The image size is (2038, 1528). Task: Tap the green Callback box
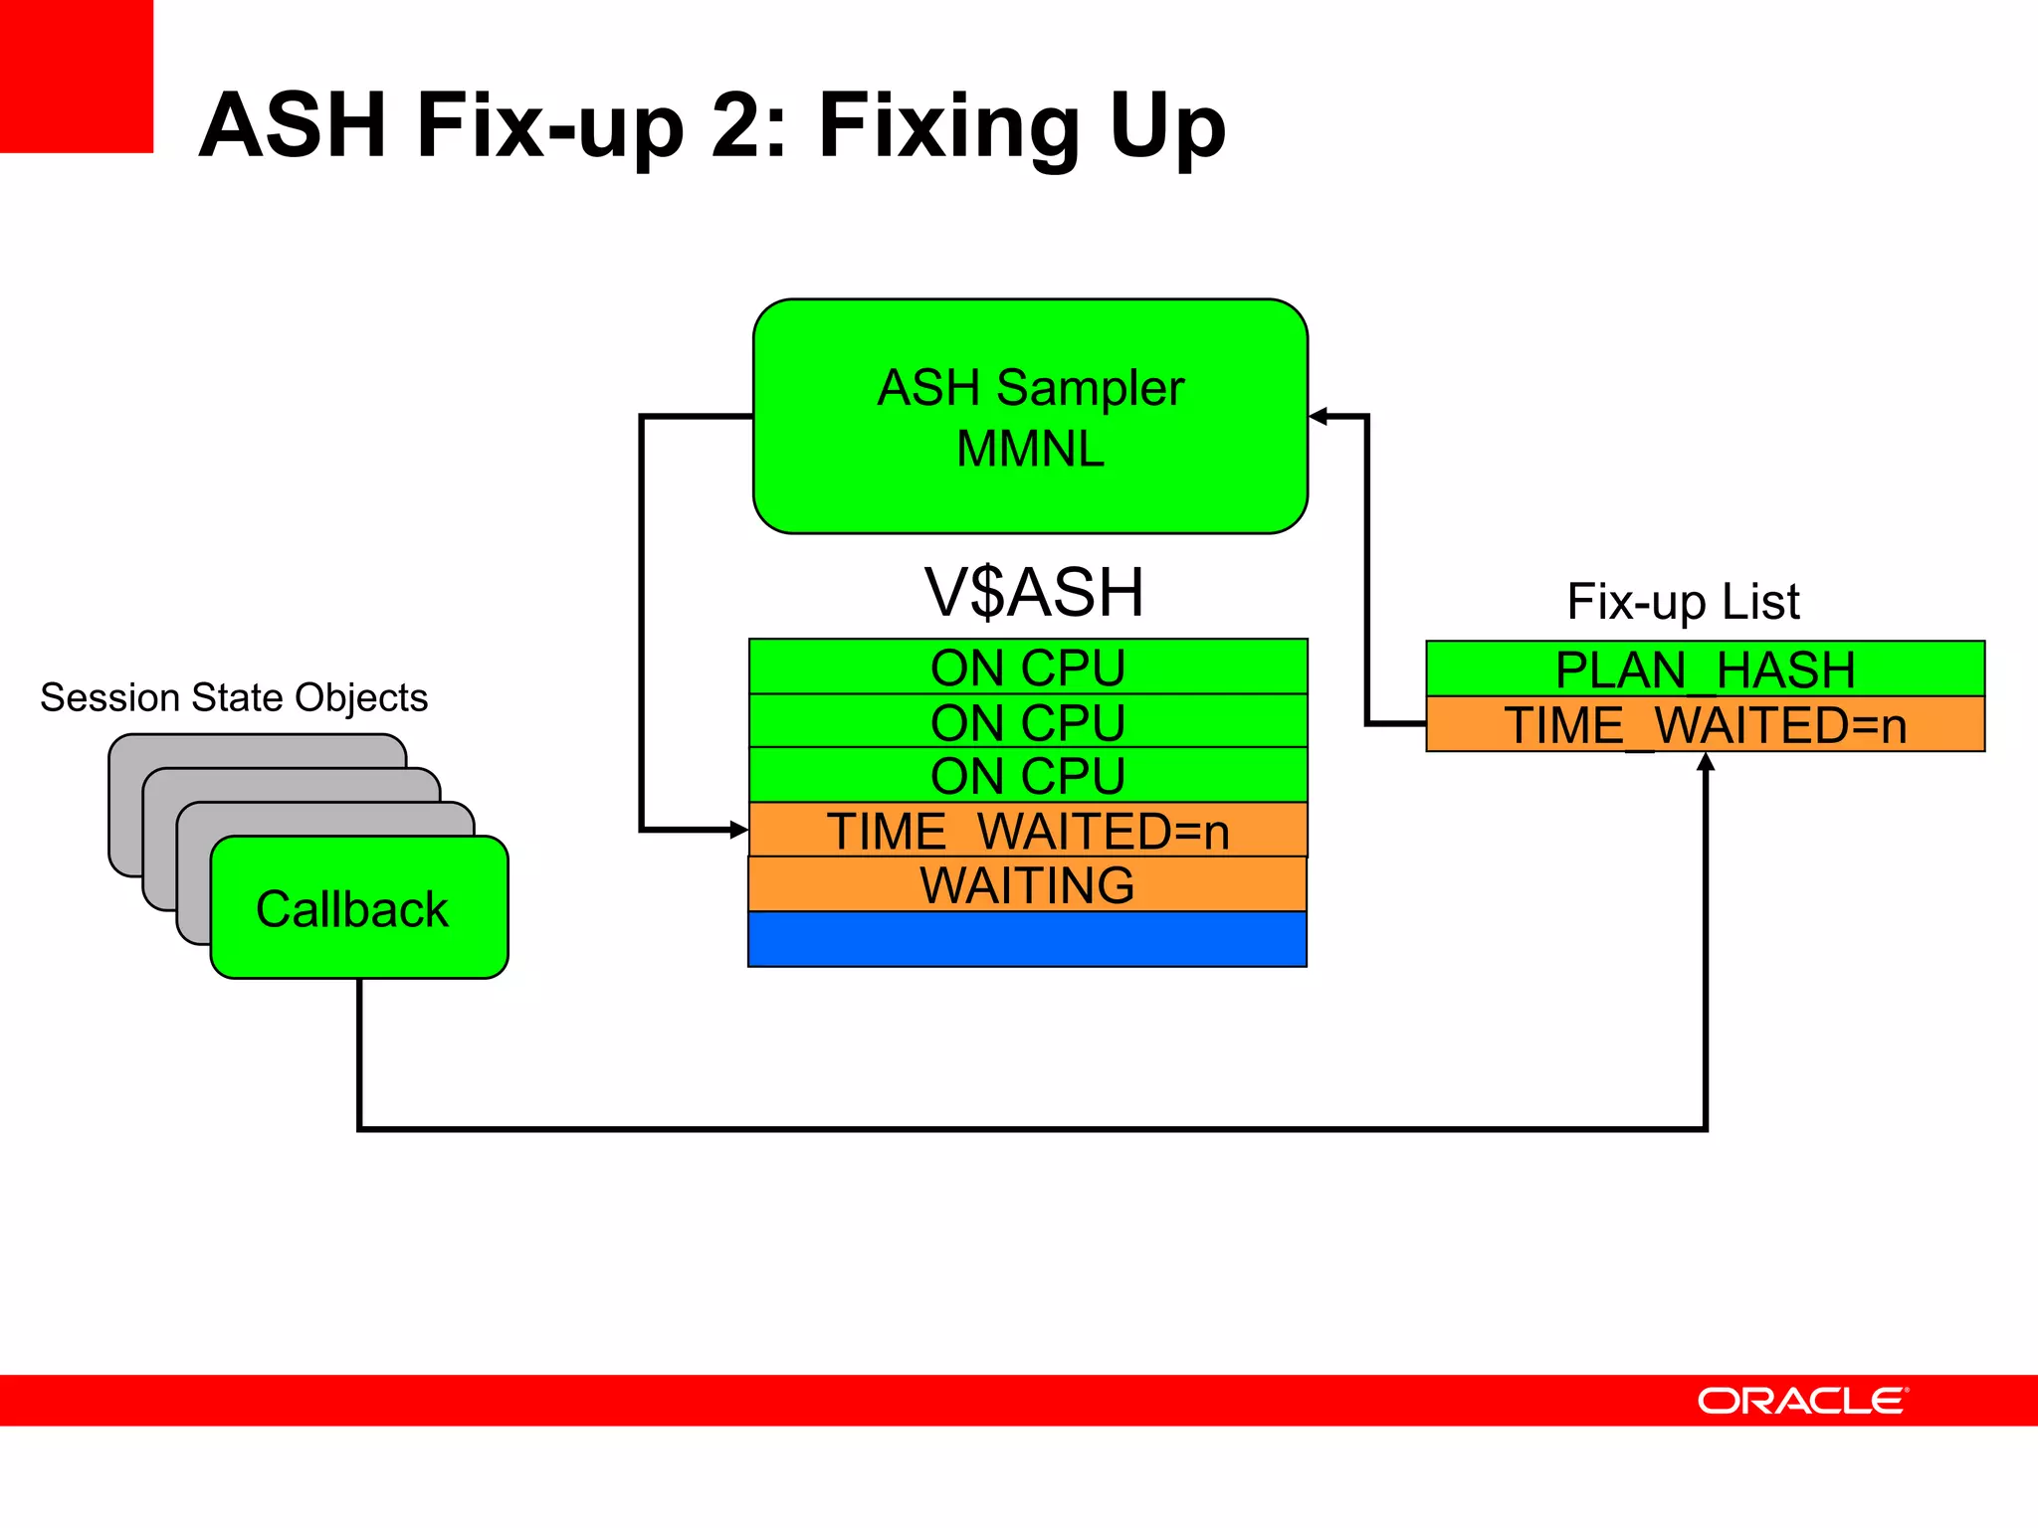coord(358,907)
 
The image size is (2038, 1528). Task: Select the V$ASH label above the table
coord(1034,593)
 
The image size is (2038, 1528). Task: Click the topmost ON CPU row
coord(1028,667)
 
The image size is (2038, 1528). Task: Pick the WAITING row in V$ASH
coord(1027,884)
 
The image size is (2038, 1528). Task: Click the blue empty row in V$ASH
coord(1027,939)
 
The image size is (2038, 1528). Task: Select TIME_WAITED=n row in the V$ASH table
coord(1028,830)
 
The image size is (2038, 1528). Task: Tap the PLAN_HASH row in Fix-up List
coord(1705,668)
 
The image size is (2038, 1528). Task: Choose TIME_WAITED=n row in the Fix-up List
coord(1705,724)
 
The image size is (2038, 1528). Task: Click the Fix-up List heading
coord(1683,602)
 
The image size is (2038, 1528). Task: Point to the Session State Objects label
coord(234,697)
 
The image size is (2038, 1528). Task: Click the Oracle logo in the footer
coord(1801,1401)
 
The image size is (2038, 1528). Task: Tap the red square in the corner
coord(76,76)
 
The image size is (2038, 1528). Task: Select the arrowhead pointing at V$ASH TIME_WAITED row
coord(738,829)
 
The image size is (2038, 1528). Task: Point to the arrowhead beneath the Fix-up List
coord(1706,763)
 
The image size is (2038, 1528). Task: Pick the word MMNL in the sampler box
coord(1030,449)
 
